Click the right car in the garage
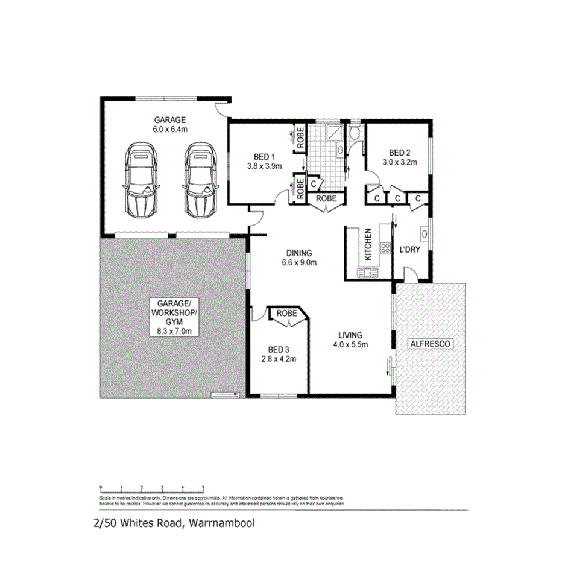[x=200, y=180]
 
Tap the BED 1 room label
[x=264, y=161]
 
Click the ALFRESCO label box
[x=431, y=343]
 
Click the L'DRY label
[x=410, y=250]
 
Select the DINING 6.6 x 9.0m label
[x=299, y=258]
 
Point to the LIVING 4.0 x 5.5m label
[x=350, y=339]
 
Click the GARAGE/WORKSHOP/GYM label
[x=174, y=317]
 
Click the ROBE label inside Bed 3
[x=287, y=314]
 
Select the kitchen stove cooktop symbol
[x=384, y=248]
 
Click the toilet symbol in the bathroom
[x=355, y=134]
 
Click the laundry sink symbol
[x=425, y=233]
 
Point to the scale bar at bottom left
[x=152, y=488]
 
